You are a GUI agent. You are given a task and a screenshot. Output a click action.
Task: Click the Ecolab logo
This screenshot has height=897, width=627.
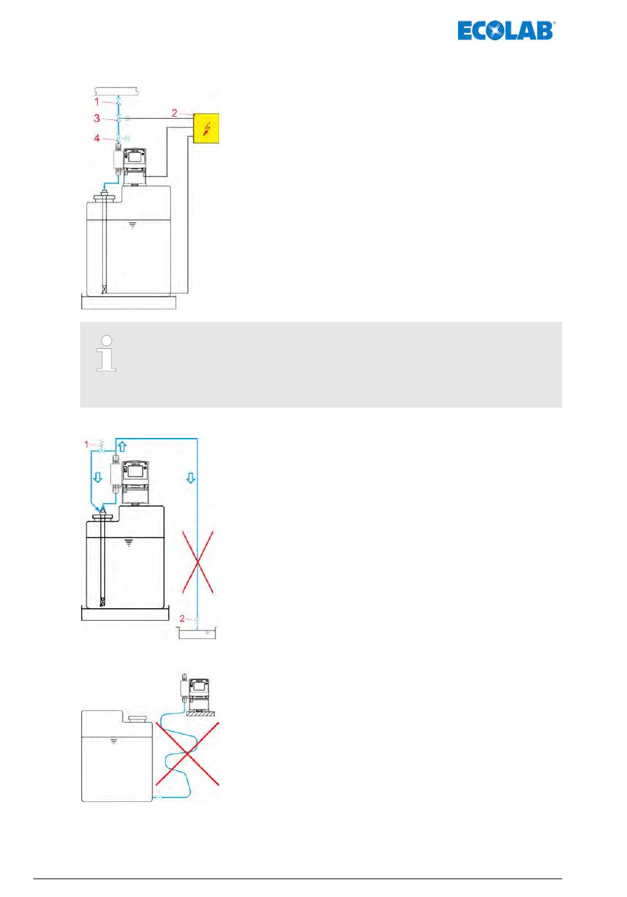[506, 30]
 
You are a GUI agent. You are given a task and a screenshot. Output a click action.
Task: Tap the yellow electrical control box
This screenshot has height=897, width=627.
[206, 128]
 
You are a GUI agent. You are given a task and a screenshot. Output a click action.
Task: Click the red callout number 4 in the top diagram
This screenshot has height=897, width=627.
[96, 138]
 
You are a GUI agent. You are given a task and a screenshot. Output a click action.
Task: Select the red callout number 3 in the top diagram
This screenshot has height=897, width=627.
[97, 118]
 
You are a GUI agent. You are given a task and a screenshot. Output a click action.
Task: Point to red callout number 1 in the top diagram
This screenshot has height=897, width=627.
[96, 102]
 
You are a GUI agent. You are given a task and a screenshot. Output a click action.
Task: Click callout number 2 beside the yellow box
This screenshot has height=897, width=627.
[174, 113]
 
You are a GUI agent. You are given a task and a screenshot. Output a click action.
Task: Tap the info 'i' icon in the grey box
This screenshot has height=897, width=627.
[106, 353]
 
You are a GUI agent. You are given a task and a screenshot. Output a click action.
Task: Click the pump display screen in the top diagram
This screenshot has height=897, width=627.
[134, 155]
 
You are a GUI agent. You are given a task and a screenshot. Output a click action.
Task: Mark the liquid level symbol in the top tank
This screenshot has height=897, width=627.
[133, 226]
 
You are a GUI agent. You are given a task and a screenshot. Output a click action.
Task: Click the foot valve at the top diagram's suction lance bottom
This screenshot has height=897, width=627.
[104, 290]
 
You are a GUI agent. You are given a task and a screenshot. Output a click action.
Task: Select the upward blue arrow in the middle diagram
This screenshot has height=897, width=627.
[122, 447]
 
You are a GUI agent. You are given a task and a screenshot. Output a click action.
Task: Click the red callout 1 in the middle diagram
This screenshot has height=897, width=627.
[86, 444]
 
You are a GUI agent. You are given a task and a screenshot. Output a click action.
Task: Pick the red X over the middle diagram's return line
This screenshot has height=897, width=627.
[197, 562]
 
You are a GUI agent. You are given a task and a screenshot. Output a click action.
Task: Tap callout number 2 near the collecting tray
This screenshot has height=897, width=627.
[182, 619]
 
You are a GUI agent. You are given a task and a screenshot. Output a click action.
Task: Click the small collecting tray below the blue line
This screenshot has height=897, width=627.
[197, 633]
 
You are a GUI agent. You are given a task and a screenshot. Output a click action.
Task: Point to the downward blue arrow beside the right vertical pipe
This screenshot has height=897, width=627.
[191, 478]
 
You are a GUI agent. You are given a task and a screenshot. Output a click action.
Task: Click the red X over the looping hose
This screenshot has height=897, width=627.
[187, 754]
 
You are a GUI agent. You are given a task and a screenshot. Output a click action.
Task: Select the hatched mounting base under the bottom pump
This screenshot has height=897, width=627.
[201, 714]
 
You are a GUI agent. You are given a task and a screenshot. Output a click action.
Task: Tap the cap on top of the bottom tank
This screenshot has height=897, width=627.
[137, 719]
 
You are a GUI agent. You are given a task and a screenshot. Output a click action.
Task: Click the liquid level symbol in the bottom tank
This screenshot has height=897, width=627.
[114, 741]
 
